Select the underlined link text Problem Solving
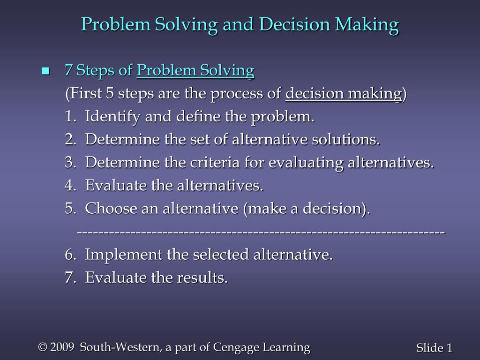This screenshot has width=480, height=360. click(x=195, y=71)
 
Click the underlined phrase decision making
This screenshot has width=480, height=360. click(x=344, y=94)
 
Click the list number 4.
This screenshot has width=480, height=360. click(x=70, y=186)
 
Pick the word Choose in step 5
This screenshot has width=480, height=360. click(x=112, y=209)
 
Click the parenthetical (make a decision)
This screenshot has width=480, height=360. click(x=306, y=209)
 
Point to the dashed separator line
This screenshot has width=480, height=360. click(x=261, y=232)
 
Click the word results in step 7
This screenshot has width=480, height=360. click(x=202, y=278)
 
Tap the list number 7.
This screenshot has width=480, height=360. click(x=70, y=278)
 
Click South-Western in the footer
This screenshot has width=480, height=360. click(x=120, y=347)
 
